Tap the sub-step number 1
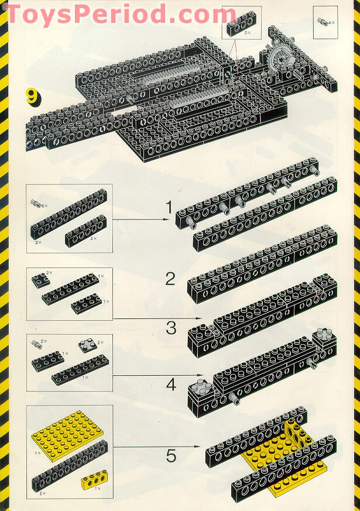point(169,207)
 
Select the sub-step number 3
point(171,328)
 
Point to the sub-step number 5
point(171,454)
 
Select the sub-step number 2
point(170,279)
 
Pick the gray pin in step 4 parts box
point(39,342)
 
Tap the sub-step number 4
point(171,385)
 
